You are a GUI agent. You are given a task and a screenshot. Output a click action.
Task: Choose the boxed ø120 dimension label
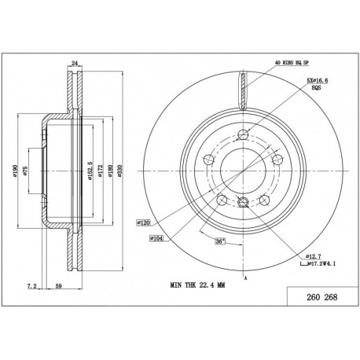(144, 222)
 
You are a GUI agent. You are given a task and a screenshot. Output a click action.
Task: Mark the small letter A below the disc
(246, 278)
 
